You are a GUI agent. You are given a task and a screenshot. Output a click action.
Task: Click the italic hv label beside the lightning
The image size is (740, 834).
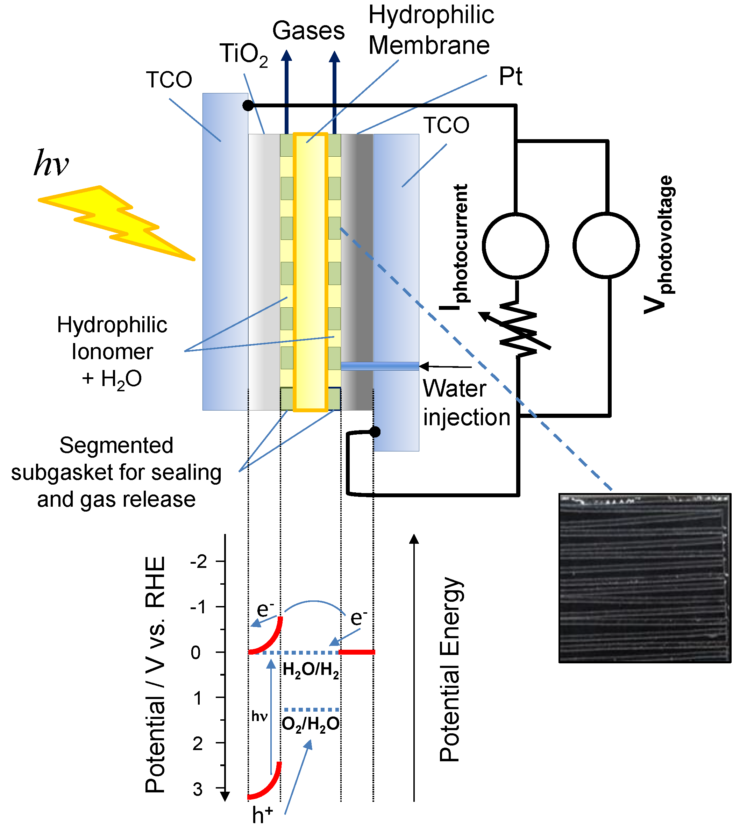[x=51, y=163]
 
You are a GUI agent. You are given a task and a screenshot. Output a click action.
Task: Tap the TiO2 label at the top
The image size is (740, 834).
[x=244, y=54]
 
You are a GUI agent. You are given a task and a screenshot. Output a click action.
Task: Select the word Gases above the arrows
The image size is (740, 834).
[x=308, y=31]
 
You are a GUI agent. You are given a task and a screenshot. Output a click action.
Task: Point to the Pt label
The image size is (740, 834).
[x=510, y=76]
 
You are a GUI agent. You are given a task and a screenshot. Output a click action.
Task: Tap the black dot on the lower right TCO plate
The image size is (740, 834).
[x=375, y=432]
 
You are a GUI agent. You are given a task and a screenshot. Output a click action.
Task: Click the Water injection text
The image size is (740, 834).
[x=466, y=403]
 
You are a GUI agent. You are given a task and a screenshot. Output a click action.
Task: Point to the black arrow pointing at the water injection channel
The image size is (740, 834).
[x=445, y=366]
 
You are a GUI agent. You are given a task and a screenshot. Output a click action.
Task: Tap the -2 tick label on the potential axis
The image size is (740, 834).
[x=199, y=562]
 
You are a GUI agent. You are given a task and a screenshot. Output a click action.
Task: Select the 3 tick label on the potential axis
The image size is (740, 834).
[x=198, y=790]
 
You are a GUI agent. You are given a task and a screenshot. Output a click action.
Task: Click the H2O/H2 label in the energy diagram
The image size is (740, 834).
[x=311, y=671]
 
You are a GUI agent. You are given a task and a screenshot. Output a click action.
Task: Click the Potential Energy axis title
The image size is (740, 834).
[x=450, y=669]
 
